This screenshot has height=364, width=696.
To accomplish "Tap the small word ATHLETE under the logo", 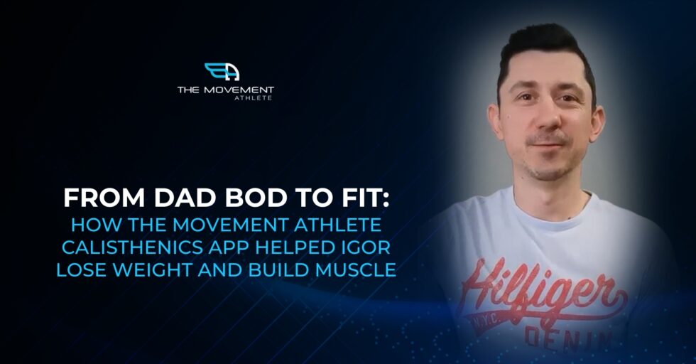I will point(254,98).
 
